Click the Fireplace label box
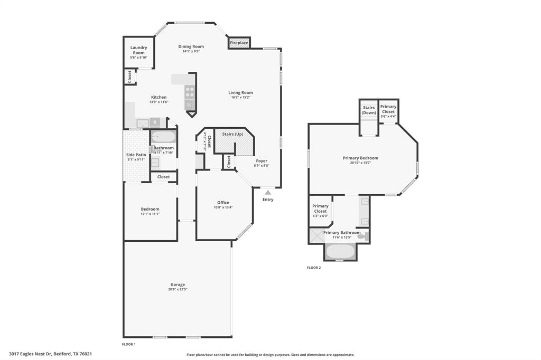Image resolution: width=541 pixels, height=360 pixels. coord(239,43)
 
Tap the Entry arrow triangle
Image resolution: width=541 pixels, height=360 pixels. coord(268,192)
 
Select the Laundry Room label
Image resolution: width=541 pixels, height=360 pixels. coord(138,50)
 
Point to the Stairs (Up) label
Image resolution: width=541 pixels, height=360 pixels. coord(232,134)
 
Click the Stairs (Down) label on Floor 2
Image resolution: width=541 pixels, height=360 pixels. coord(369,110)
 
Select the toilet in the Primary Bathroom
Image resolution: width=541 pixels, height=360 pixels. coord(362,237)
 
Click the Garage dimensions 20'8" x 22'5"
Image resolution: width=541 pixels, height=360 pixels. coord(178,289)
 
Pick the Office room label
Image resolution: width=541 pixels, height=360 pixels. coord(223,203)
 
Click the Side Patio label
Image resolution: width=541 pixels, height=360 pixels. coord(136,155)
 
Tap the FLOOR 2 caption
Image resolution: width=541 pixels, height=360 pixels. coord(314,268)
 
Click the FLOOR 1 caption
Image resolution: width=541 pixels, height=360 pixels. coord(129,344)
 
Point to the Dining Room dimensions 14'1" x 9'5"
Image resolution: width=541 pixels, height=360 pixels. coord(191,52)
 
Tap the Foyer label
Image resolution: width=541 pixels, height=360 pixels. coord(262,160)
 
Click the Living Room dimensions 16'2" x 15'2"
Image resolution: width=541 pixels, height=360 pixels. coord(240,98)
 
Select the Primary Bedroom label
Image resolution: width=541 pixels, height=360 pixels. coord(360,158)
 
